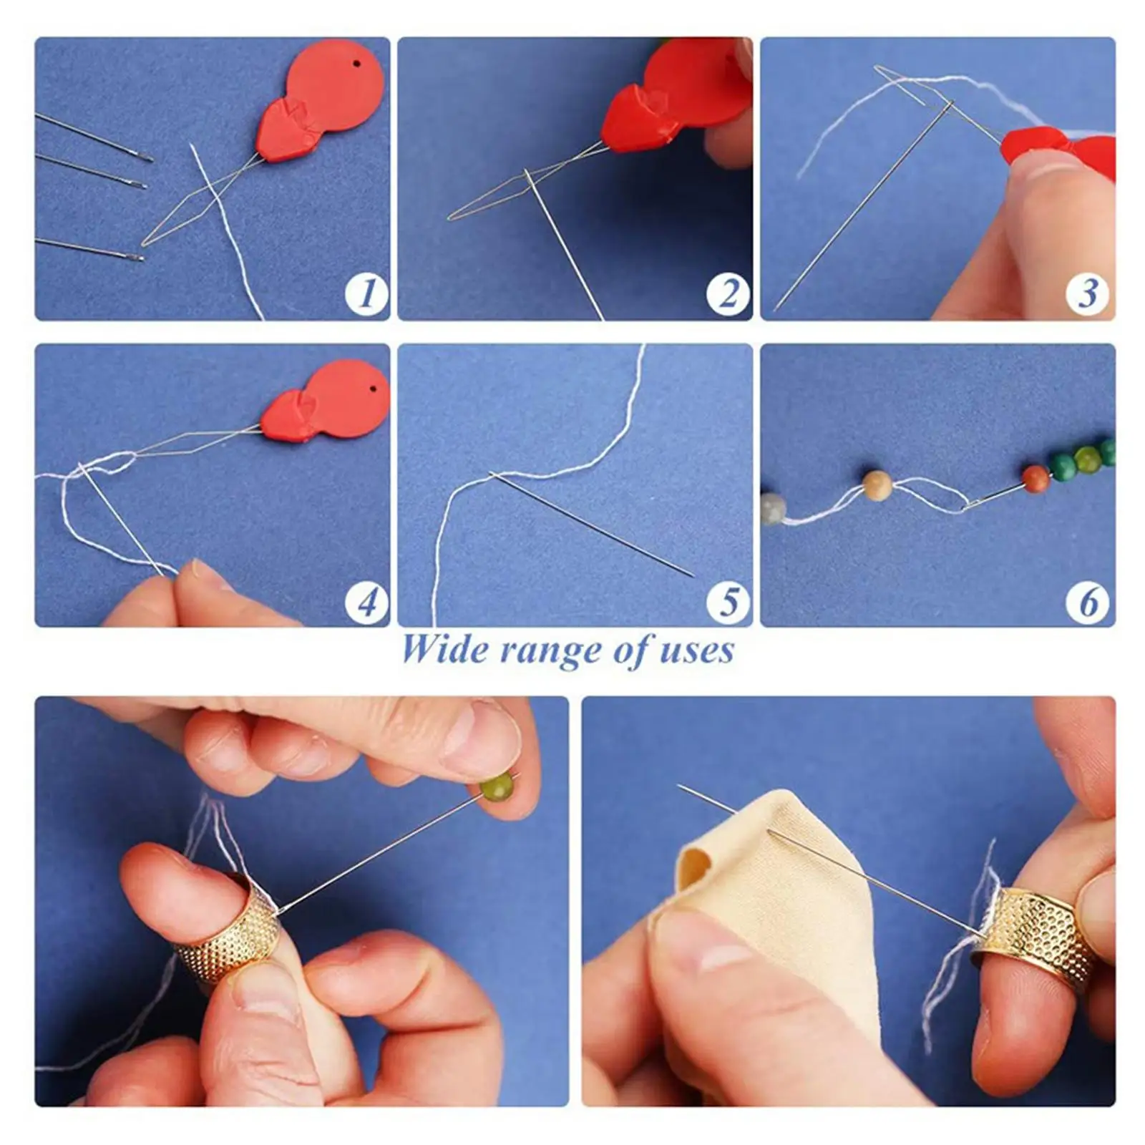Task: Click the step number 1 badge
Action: tap(367, 293)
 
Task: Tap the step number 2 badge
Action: tap(729, 293)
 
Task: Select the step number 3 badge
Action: tap(1088, 293)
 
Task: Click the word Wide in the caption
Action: tap(444, 650)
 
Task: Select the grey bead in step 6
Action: tap(773, 509)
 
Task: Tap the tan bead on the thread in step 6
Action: tap(877, 486)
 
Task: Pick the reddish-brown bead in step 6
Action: tap(1035, 479)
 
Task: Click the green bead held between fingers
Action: tap(496, 789)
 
